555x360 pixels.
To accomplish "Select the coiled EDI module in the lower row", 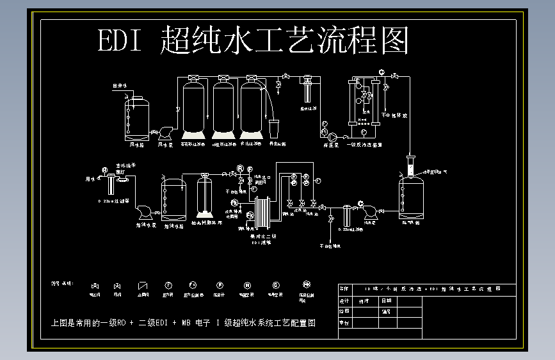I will [x=264, y=215].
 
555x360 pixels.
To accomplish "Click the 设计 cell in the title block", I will [x=344, y=300].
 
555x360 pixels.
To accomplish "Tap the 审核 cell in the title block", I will [x=344, y=323].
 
